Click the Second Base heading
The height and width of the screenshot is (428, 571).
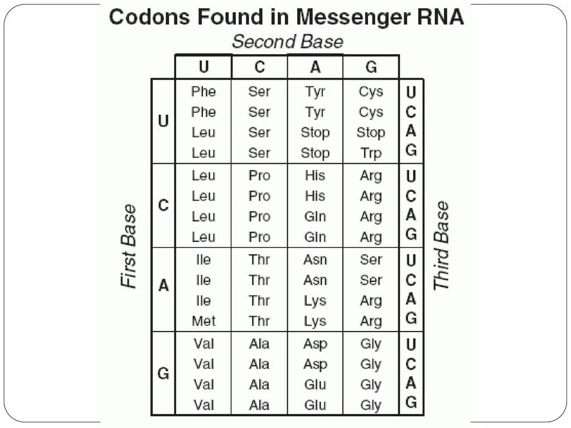pos(287,42)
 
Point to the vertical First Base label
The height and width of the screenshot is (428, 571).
pos(129,246)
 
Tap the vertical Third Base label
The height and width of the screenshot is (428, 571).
pos(442,246)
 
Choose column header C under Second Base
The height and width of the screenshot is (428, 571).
pos(260,67)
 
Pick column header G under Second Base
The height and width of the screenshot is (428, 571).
pos(371,67)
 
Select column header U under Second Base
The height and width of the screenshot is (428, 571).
pos(204,67)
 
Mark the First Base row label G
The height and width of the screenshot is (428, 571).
pos(163,373)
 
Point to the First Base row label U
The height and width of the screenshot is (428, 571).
pos(163,121)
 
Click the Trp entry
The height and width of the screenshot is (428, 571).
pos(371,153)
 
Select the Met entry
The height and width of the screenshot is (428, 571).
pos(204,321)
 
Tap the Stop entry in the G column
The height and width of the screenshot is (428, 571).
pos(371,133)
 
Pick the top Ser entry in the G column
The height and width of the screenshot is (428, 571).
pos(371,260)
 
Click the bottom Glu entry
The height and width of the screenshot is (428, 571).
pos(315,405)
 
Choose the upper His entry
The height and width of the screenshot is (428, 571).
pos(315,176)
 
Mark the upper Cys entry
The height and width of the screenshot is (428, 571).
pos(371,91)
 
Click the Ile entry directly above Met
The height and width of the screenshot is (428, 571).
pos(204,301)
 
